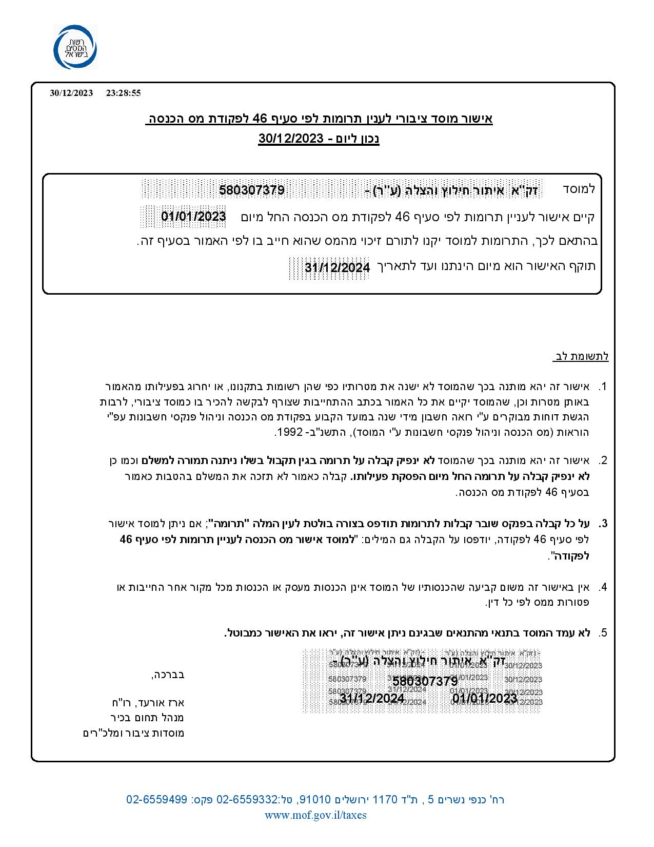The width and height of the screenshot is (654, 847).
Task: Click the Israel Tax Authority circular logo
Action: click(75, 47)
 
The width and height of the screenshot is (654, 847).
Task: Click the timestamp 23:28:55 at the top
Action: click(123, 93)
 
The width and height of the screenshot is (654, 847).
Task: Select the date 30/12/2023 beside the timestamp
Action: click(71, 93)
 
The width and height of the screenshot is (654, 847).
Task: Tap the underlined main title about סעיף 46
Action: click(319, 119)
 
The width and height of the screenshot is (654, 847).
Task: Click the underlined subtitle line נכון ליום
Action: click(319, 139)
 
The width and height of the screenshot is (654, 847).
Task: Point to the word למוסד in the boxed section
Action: click(579, 188)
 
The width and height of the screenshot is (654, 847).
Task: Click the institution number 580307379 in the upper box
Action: click(251, 190)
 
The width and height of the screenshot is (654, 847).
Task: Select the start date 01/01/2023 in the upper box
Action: click(193, 216)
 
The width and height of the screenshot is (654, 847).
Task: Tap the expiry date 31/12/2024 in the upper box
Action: click(337, 268)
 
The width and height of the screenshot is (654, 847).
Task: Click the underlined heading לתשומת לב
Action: click(581, 356)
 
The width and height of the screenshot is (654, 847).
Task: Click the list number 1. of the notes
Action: click(603, 386)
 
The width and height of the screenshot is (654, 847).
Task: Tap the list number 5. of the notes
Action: click(603, 632)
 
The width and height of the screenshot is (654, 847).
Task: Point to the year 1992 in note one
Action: click(286, 433)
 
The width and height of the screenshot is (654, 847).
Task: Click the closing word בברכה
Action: click(168, 675)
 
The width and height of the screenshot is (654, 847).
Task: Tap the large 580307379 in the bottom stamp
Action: click(425, 681)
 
